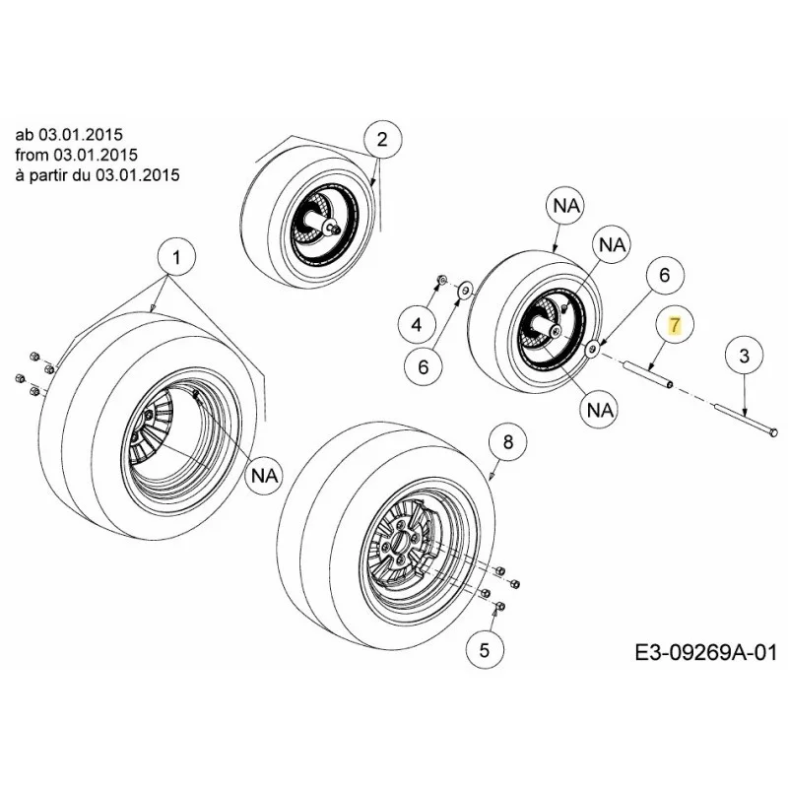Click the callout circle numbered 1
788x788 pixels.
click(176, 258)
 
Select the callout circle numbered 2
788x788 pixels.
click(382, 139)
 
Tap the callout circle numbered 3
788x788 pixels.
click(745, 356)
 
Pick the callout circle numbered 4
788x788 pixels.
click(416, 325)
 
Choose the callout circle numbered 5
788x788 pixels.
click(484, 650)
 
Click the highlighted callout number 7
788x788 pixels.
click(675, 325)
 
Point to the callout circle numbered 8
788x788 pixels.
click(508, 441)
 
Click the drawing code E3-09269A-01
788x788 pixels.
click(705, 653)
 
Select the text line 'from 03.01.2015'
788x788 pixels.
click(76, 155)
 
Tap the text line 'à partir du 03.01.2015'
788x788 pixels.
click(97, 175)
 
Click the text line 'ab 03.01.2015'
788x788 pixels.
click(69, 135)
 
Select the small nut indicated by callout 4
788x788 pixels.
click(440, 279)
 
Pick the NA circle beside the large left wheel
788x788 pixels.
click(264, 475)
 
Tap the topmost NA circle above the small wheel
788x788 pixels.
click(566, 205)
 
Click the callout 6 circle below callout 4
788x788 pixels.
click(424, 366)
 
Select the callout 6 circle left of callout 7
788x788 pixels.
click(664, 275)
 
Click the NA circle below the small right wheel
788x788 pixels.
click(600, 410)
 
